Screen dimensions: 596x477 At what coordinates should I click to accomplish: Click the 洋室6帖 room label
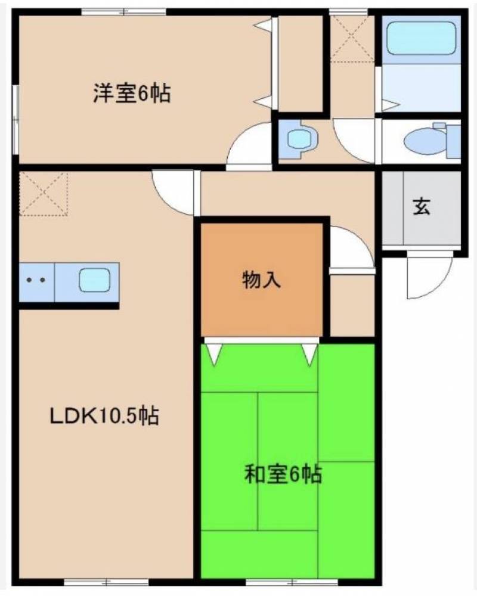coord(131,94)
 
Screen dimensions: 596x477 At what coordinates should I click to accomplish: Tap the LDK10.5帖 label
coord(103,416)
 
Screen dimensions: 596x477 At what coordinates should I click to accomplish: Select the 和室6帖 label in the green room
coord(283,475)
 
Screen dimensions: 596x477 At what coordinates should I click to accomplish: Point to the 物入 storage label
coord(261,280)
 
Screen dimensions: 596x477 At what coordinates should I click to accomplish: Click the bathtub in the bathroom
coord(421,39)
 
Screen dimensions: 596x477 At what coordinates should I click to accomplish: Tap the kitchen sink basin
coord(95,280)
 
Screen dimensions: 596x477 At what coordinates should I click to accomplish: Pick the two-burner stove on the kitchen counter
coord(36,280)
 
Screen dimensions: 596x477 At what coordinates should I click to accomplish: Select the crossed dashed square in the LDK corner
coord(44,193)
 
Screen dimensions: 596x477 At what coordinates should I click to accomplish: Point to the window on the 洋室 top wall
coord(123,11)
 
